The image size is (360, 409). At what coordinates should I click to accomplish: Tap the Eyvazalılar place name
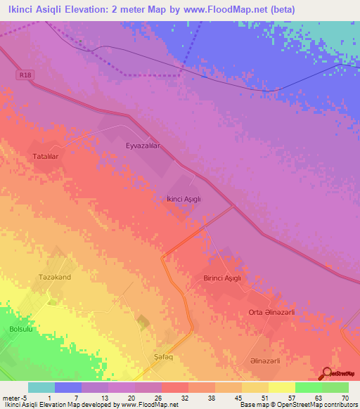(x=143, y=145)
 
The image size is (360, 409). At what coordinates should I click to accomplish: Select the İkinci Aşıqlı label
(x=184, y=199)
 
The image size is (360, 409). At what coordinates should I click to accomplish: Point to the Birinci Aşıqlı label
(x=222, y=278)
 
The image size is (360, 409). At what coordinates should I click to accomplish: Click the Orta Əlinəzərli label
(x=271, y=312)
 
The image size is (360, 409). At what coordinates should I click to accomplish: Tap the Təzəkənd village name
(x=55, y=278)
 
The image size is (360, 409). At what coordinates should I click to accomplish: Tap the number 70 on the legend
(x=345, y=398)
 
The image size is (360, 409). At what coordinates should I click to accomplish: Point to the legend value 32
(x=185, y=398)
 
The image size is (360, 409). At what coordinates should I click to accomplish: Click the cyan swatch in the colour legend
(x=41, y=387)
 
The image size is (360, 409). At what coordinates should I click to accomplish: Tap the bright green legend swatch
(x=309, y=387)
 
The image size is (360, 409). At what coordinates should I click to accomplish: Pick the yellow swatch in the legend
(x=282, y=387)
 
